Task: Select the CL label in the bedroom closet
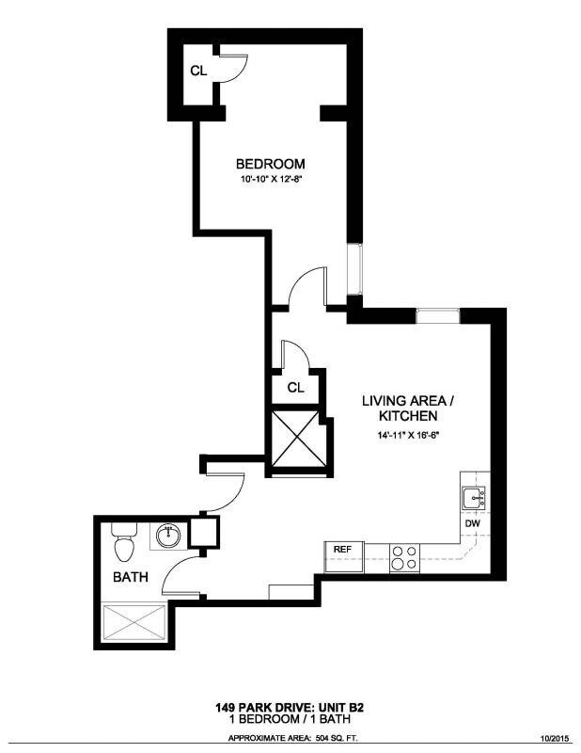[198, 70]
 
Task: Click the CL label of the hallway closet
[295, 387]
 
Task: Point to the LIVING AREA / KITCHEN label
[406, 408]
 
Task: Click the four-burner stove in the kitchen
[405, 558]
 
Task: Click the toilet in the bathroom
[121, 543]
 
